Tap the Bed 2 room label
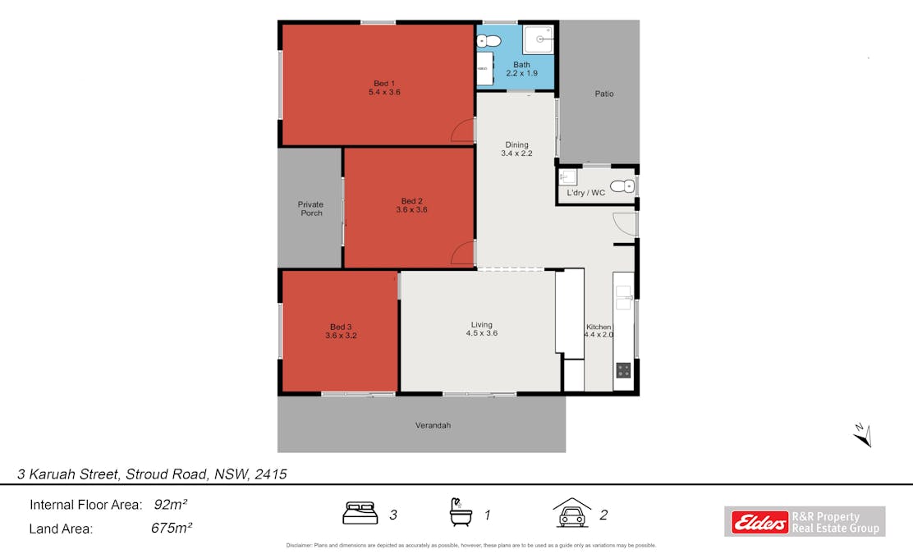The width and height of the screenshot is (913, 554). tap(411, 201)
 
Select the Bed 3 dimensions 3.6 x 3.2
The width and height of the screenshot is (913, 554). tap(341, 336)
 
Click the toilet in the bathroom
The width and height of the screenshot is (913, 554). tap(489, 40)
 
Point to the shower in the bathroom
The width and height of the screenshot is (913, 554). tap(540, 38)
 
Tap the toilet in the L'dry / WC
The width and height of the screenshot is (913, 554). tap(625, 185)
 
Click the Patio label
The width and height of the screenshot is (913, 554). tap(604, 94)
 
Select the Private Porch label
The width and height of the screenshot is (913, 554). tap(310, 208)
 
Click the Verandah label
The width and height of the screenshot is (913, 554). tap(433, 425)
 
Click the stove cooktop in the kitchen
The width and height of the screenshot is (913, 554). tap(623, 369)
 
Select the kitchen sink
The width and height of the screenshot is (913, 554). tap(623, 296)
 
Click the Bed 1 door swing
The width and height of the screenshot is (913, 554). tap(464, 130)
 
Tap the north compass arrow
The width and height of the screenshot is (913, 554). tap(862, 434)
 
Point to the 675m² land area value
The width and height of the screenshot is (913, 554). tap(172, 528)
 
